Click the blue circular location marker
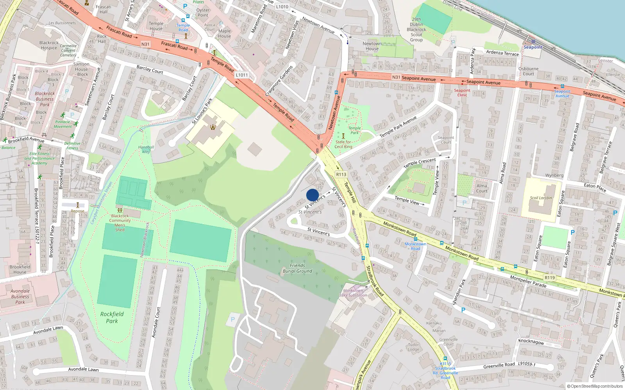click(x=312, y=195)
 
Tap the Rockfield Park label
click(x=112, y=317)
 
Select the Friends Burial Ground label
click(x=298, y=268)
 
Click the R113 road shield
click(x=341, y=174)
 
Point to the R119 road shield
click(x=550, y=278)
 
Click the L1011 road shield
click(x=242, y=75)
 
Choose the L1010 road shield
click(x=282, y=7)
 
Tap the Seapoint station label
click(x=533, y=47)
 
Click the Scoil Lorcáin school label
click(x=541, y=198)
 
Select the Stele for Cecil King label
click(x=343, y=144)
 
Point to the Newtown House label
click(x=372, y=46)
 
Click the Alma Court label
click(x=482, y=188)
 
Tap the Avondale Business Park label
click(x=20, y=296)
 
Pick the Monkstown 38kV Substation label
click(x=353, y=293)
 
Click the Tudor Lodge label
click(x=413, y=347)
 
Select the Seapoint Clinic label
click(x=462, y=92)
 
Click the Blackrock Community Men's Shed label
click(x=120, y=223)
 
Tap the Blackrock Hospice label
click(x=49, y=45)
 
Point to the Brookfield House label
click(x=20, y=269)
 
